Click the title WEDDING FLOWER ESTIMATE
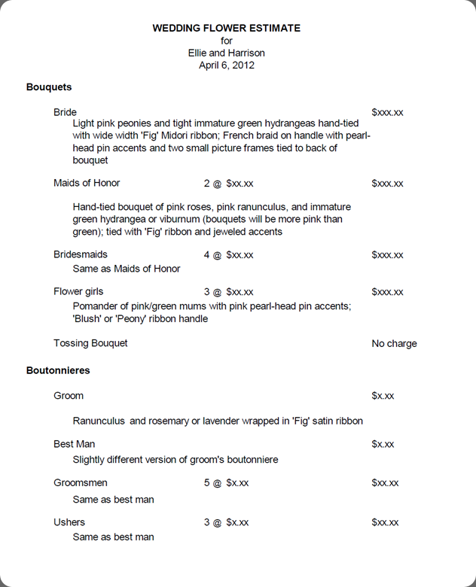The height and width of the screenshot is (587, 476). [226, 28]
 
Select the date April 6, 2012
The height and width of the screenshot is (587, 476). [226, 65]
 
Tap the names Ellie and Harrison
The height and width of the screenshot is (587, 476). [226, 53]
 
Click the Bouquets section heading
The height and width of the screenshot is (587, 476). [49, 87]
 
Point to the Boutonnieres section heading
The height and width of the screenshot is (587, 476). [58, 371]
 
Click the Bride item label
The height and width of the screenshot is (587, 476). [65, 112]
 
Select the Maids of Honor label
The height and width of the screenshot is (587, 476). [87, 183]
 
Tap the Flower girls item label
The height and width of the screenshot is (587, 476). [78, 291]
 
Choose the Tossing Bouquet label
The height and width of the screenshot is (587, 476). [90, 343]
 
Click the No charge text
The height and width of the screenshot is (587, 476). [394, 344]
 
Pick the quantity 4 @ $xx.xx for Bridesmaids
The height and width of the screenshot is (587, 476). [228, 255]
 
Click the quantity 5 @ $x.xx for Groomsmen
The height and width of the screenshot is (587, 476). [226, 483]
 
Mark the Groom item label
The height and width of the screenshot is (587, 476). [69, 396]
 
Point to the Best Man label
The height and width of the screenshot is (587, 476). [74, 444]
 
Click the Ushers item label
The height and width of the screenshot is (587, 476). [69, 522]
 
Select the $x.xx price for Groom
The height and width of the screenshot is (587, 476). [383, 396]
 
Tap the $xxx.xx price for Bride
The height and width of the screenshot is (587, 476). [387, 112]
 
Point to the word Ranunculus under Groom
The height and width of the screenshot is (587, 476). [99, 421]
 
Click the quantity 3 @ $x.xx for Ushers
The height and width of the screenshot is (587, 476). [226, 522]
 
